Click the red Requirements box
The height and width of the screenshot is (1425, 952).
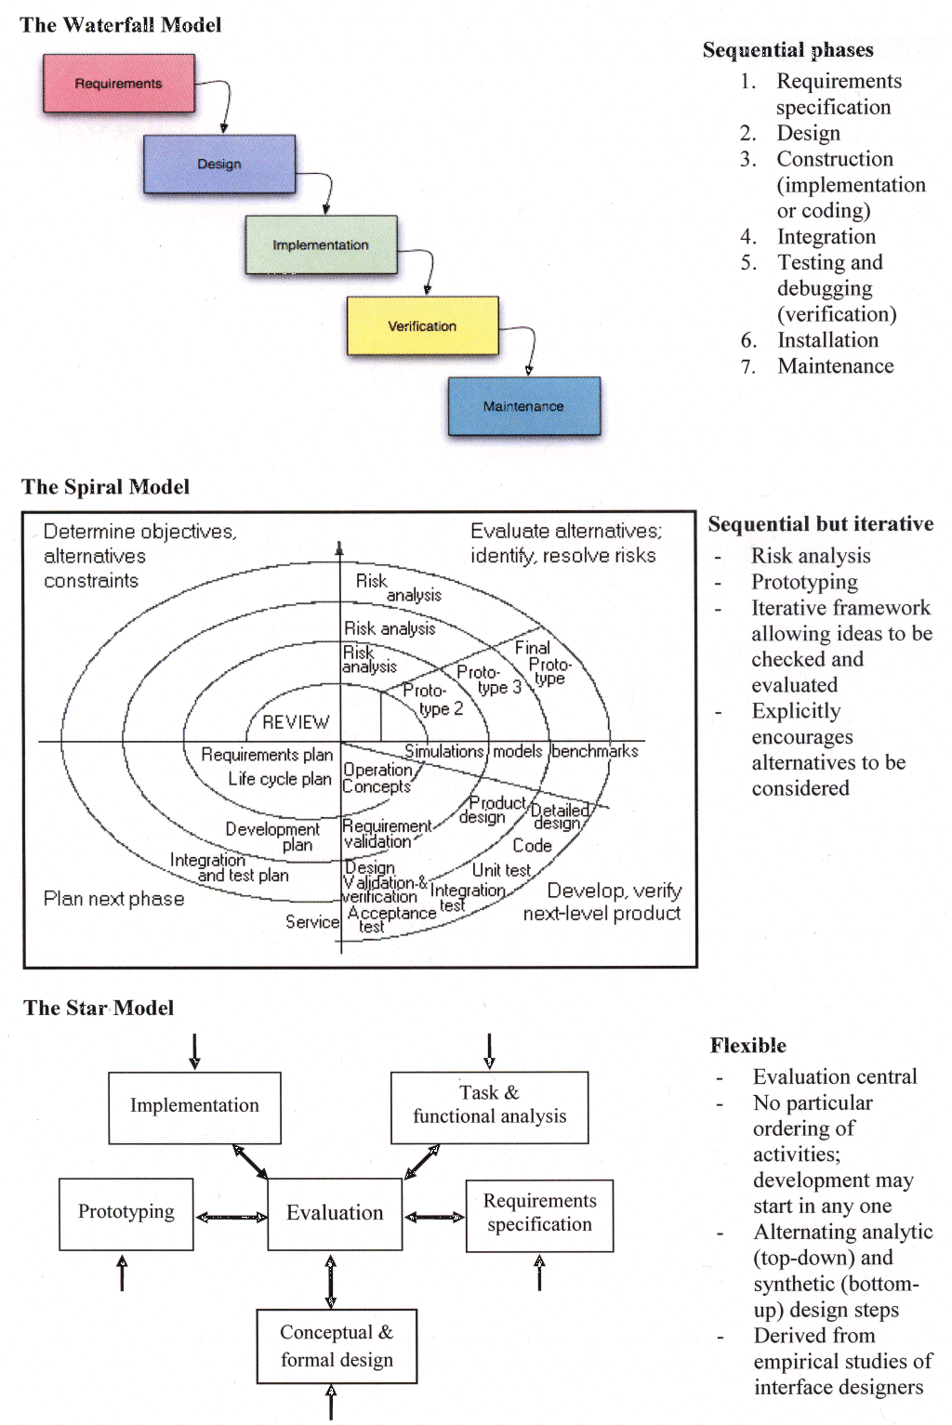pos(119,84)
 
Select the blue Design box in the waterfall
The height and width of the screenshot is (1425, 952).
pos(219,165)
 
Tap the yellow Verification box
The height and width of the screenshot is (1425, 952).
pos(422,326)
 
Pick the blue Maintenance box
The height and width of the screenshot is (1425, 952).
pos(523,406)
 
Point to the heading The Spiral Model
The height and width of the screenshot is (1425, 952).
pos(105,487)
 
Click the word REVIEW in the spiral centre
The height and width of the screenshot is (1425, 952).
pos(296,722)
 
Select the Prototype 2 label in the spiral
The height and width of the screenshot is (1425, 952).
pos(432,699)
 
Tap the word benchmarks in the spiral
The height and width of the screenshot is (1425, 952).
pos(595,751)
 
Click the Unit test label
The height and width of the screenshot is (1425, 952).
pos(501,870)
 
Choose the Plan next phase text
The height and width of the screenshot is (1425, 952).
pos(113,899)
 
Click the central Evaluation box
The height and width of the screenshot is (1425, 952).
pos(335,1213)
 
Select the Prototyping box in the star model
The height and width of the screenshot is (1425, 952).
pos(126,1213)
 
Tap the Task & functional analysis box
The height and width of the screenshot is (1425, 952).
pos(489,1106)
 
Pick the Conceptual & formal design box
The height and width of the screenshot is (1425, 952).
pos(337,1346)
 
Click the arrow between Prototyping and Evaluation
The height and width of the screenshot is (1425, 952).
pos(231,1217)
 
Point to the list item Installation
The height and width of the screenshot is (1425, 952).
pos(827,340)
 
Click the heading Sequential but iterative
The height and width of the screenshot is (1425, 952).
pos(820,524)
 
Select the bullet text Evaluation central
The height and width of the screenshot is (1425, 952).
pos(834,1077)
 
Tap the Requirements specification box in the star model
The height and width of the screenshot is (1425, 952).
pos(539,1214)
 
